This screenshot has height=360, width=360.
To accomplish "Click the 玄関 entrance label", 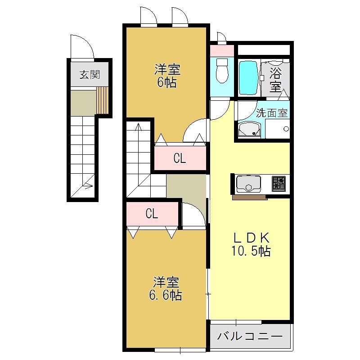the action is coord(90,75).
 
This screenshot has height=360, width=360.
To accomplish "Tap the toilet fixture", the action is coord(222,70).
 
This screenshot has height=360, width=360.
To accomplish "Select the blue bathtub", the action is coord(248,78).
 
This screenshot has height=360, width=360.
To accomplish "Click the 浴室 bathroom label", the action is coord(275,80).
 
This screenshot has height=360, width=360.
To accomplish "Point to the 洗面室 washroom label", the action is coord(272,113).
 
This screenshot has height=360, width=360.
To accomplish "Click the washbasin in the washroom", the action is coord(249,130).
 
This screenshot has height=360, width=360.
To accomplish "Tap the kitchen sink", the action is coord(249,184).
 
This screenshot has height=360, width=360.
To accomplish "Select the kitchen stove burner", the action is coord(279,184).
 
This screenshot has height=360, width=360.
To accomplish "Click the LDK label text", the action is coord(251,238).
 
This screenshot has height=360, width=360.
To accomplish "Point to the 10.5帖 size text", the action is coord(251,251).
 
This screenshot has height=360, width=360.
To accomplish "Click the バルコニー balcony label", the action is coord(250,337).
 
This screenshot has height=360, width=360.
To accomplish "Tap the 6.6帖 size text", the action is coord(166,295).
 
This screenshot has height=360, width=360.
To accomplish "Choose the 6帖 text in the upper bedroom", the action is coord(167,83).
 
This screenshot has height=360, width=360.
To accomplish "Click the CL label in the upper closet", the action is coord(180,158).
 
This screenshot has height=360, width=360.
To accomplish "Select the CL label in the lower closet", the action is coord(152,213).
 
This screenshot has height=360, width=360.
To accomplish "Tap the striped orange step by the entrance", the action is coord(103,100).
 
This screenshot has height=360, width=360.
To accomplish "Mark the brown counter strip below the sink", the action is coord(250,197).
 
